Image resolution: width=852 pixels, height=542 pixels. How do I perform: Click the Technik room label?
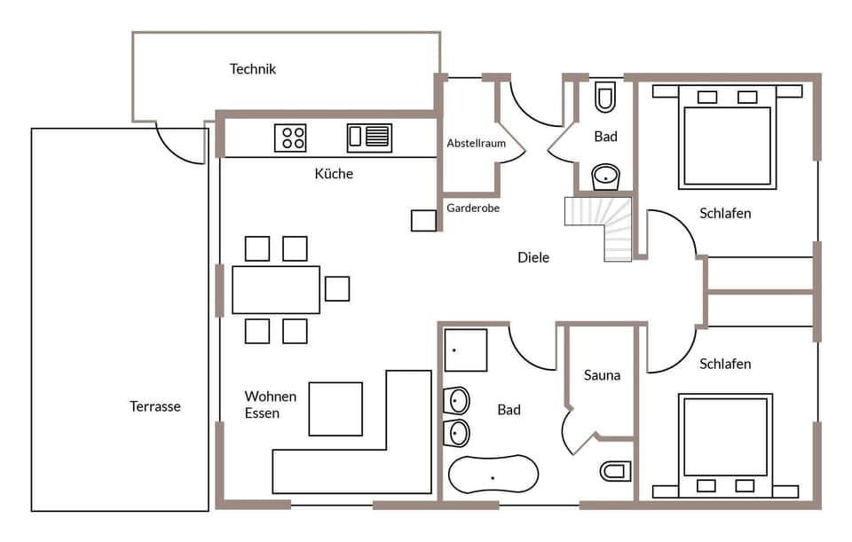253,69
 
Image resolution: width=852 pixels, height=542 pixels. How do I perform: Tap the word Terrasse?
155,406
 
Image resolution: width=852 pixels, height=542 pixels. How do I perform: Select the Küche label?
334,174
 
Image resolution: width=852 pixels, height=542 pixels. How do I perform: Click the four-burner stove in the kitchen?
290,137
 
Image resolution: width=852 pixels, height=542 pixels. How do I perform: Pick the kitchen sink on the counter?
369,137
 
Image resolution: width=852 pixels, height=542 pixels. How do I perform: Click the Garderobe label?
473,208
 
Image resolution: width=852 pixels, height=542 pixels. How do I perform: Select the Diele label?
533,257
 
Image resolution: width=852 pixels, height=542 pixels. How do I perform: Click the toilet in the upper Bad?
605,98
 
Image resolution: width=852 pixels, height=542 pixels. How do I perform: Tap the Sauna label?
602,375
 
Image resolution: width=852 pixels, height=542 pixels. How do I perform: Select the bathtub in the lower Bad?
493,474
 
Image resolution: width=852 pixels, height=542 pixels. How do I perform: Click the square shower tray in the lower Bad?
465,350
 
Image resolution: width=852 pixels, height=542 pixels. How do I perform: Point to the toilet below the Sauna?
615,470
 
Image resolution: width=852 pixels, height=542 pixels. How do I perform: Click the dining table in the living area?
276,289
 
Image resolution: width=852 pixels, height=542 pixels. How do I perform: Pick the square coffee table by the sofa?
335,409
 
